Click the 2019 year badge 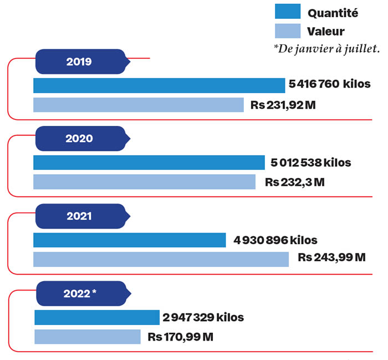(79, 62)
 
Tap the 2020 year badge (79, 139)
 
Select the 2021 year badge (79, 216)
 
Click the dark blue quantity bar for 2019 (159, 85)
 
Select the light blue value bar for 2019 (139, 105)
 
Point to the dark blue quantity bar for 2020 (149, 163)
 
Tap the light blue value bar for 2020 (144, 182)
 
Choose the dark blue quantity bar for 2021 (130, 240)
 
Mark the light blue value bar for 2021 (161, 259)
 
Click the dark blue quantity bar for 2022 (97, 317)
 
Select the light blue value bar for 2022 (88, 337)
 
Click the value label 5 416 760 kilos (329, 85)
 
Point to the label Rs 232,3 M (294, 182)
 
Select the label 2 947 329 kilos (203, 317)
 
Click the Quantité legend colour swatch (288, 12)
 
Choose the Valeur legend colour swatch (288, 31)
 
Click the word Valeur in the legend (326, 31)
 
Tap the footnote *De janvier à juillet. (326, 49)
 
